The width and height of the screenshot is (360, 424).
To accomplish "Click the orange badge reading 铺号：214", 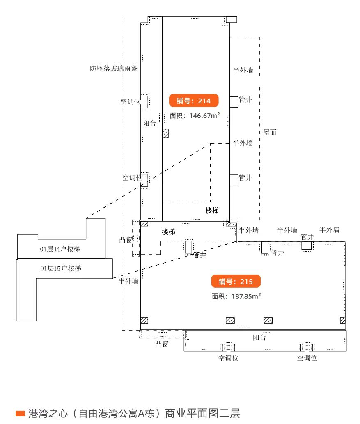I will coord(193,101).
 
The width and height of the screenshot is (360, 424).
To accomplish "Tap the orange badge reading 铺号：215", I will coord(236,281).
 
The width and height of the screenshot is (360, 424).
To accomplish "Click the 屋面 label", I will coord(270,132).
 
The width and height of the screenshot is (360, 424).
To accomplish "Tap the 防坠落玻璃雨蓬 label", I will coord(114,69).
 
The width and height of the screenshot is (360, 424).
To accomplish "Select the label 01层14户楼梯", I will coord(60,249).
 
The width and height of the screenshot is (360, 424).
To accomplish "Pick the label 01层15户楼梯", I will coord(61,268).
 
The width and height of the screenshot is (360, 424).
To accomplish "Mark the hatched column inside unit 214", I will coord(165,133).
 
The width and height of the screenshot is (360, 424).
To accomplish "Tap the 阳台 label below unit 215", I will coord(259,337).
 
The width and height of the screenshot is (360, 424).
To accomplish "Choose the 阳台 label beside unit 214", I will coord(149,123).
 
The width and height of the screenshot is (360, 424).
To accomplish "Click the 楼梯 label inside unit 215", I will coord(169,232).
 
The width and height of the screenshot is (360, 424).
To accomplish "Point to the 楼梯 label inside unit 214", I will coord(212,211).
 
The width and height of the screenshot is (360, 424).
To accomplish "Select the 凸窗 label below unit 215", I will coord(162,344).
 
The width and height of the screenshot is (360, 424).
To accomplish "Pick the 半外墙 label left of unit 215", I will coord(128,281).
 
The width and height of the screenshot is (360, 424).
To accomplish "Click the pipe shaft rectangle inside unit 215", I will coord(188,247).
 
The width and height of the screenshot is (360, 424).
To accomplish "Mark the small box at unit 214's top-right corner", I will coord(232,19).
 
